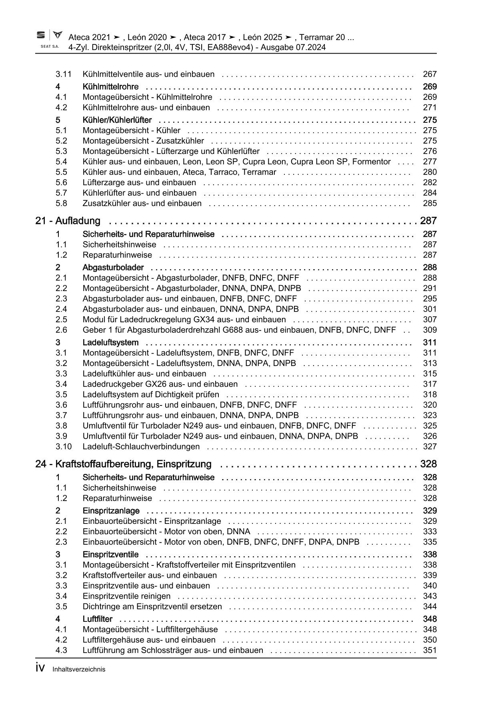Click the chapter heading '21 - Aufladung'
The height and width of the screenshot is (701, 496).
click(x=68, y=221)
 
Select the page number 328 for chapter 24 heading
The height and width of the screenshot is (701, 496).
click(x=428, y=464)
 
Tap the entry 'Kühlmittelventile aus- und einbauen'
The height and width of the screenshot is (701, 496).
click(x=148, y=74)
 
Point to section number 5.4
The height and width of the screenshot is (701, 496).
click(x=61, y=162)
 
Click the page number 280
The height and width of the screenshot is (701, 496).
click(x=430, y=172)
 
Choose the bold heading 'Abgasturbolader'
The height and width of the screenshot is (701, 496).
click(x=113, y=268)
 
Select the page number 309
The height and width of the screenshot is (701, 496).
click(x=430, y=330)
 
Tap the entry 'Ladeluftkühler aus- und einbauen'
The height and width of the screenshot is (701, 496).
click(x=144, y=374)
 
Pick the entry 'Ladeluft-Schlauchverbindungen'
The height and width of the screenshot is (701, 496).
click(x=141, y=447)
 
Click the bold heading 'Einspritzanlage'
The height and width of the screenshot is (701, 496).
click(x=111, y=511)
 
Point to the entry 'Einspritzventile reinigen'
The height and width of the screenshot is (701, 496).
click(x=126, y=596)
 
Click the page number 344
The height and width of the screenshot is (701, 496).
click(x=430, y=607)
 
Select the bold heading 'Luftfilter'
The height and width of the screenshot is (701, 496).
click(x=98, y=619)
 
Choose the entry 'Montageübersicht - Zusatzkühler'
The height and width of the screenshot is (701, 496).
click(x=143, y=141)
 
